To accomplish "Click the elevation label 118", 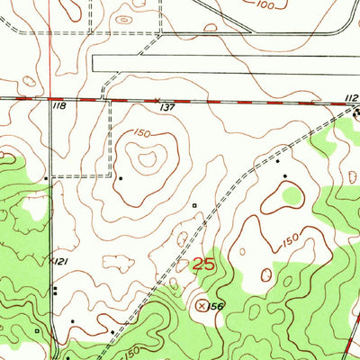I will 60,106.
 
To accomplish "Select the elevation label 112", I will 350,97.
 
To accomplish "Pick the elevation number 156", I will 217,308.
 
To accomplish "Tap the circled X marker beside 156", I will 202,306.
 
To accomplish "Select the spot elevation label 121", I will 61,260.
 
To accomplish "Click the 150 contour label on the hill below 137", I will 141,134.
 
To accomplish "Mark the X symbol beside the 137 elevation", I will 157,100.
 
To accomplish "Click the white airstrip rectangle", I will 225,63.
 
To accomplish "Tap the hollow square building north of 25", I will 194,206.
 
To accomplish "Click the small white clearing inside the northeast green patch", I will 292,193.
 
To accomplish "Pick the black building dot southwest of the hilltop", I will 120,178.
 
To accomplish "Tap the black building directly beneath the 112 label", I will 355,113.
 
